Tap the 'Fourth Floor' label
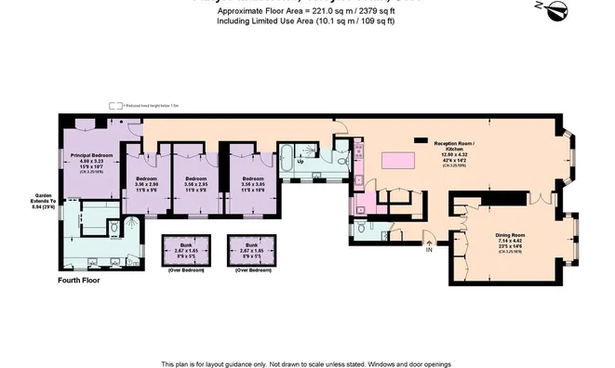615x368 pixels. click(79, 280)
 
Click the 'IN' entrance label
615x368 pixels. click(429, 249)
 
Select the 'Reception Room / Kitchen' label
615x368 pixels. click(455, 146)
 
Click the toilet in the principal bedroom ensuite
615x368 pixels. click(113, 226)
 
